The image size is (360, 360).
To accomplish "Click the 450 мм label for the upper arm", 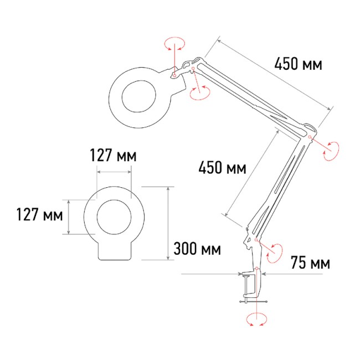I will tap(298, 65).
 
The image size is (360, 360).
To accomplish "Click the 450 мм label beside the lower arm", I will tap(222, 167).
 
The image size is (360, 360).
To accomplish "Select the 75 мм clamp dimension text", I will tap(310, 263).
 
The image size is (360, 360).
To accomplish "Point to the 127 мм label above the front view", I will tap(114, 156).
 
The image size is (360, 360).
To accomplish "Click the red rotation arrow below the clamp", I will tap(256, 320).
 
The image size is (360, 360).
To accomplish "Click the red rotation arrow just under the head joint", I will tap(198, 92).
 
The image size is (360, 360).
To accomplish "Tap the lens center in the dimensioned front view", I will tap(114, 217).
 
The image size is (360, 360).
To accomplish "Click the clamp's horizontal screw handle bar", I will tap(253, 301).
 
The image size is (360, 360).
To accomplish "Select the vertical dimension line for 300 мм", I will tap(167, 223).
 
